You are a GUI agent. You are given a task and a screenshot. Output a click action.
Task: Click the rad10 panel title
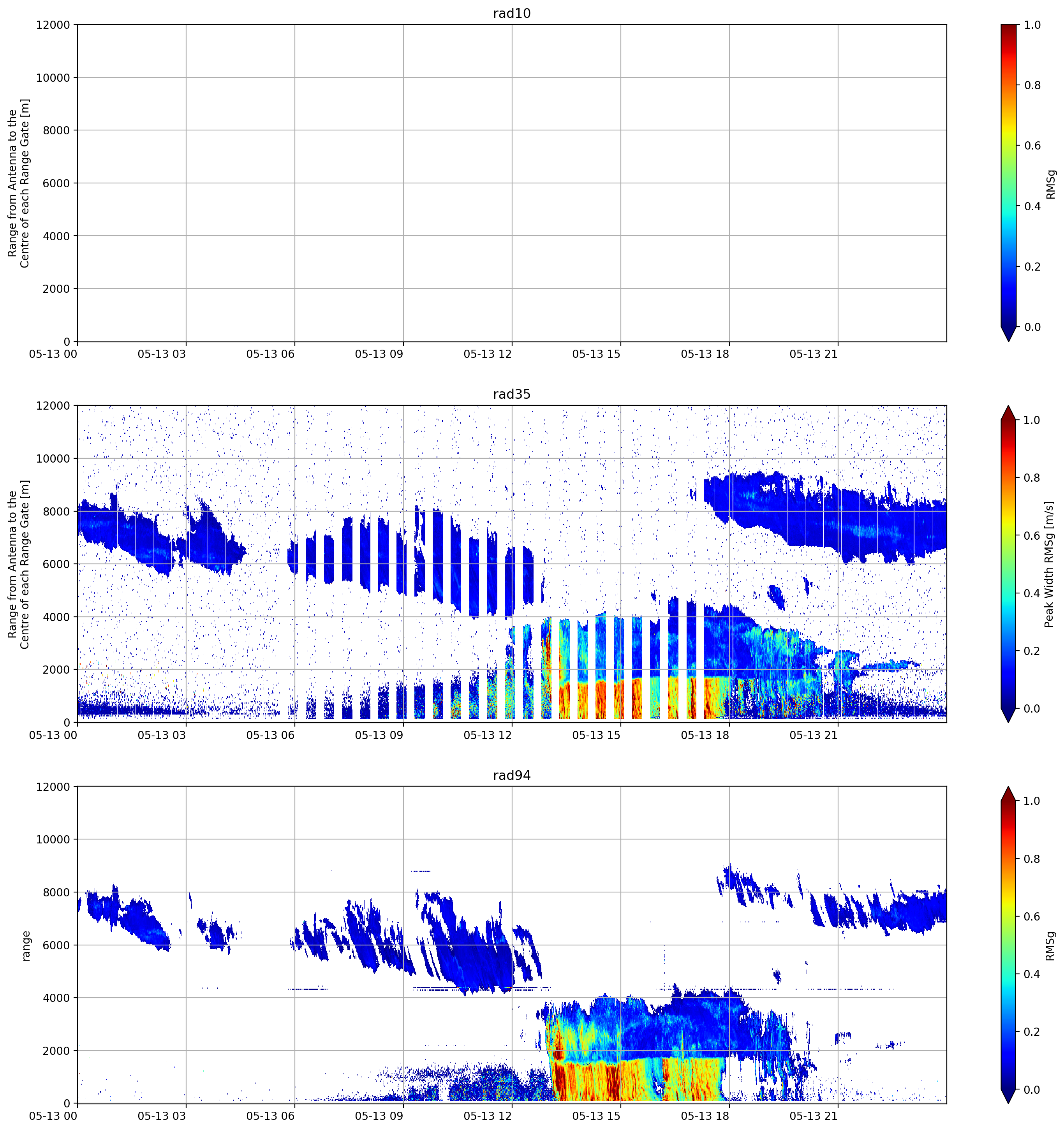[x=511, y=13]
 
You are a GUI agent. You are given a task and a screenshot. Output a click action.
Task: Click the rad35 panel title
[x=511, y=394]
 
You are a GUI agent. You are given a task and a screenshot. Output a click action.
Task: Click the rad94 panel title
[x=511, y=775]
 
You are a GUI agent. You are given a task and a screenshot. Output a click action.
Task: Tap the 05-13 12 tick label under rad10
[x=488, y=354]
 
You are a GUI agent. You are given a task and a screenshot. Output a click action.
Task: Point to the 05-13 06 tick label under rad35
[x=270, y=735]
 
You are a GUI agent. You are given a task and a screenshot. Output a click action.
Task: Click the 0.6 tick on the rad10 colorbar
[x=1032, y=146]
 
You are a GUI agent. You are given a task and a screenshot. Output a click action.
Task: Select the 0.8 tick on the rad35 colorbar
[x=1032, y=477]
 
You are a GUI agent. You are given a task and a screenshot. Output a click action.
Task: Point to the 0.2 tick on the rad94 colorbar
[x=1032, y=1031]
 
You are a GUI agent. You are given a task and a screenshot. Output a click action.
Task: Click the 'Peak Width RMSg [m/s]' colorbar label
[x=1049, y=564]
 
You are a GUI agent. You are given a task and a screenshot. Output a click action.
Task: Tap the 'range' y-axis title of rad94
[x=26, y=946]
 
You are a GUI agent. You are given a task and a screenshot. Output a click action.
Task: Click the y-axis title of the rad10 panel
[x=18, y=183]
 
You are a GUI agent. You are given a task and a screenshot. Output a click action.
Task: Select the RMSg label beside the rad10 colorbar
[x=1050, y=184]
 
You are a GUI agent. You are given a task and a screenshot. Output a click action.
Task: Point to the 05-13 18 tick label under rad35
[x=705, y=735]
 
